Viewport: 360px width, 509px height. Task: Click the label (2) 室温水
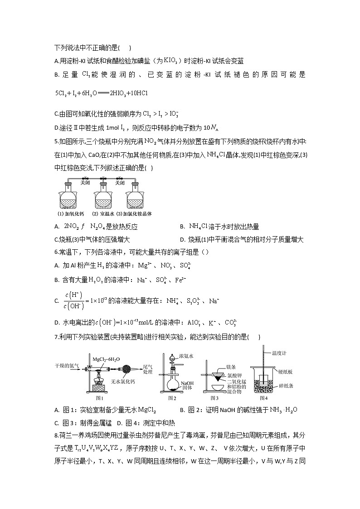pyautogui.click(x=102, y=213)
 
